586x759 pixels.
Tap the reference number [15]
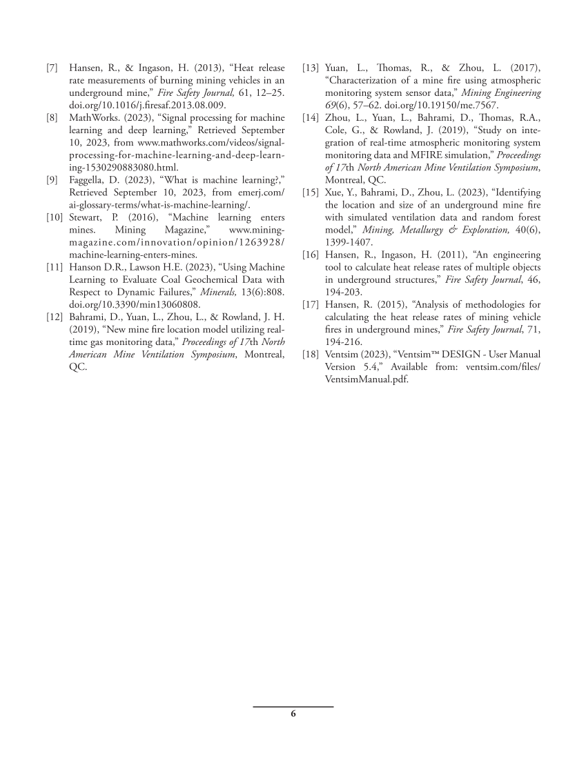310,192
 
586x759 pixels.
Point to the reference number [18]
310,355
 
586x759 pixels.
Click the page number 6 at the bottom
293,714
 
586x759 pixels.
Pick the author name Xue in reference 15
334,192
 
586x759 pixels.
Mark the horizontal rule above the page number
293,707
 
